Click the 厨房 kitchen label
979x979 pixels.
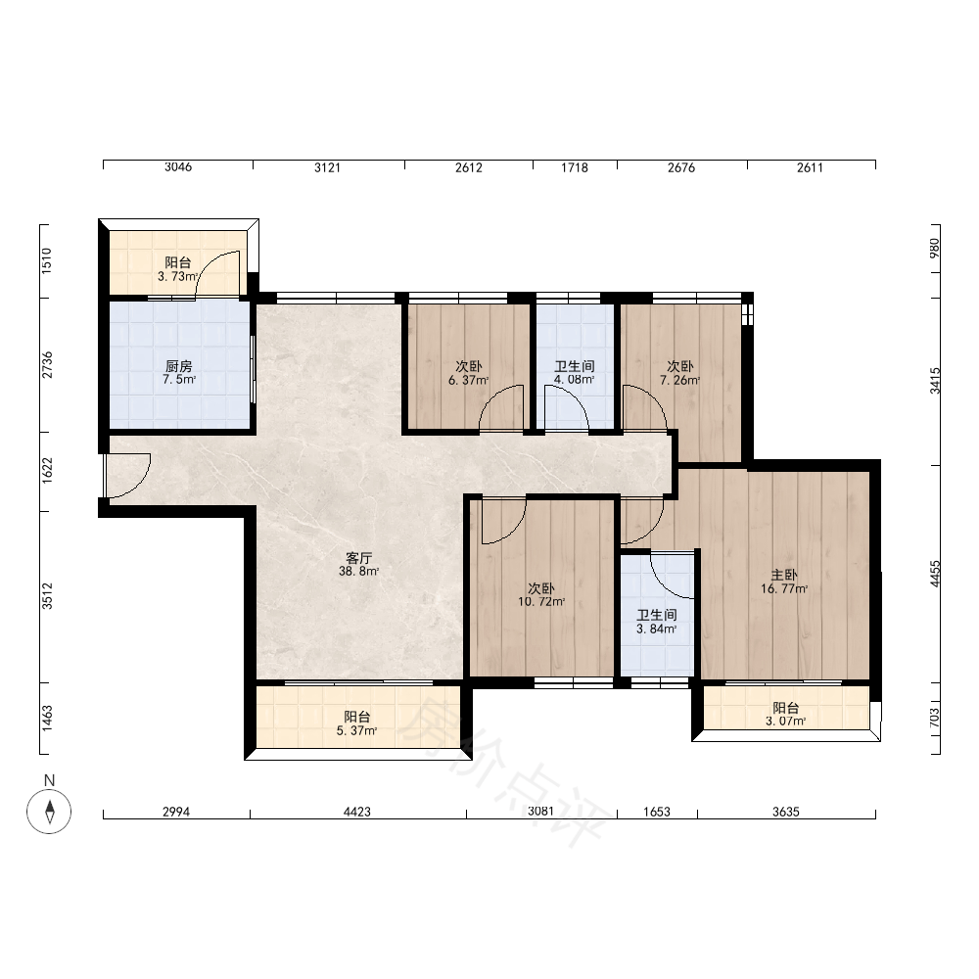click(x=178, y=366)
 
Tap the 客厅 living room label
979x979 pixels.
click(x=359, y=558)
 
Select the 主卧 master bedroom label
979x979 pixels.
click(x=783, y=575)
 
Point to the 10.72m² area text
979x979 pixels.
click(x=541, y=602)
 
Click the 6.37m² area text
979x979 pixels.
click(x=468, y=380)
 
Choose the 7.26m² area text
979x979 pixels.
click(x=680, y=380)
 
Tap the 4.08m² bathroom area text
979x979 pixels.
click(x=575, y=380)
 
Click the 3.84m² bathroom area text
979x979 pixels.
click(x=656, y=629)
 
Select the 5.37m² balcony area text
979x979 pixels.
click(x=356, y=730)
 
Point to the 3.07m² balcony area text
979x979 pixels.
click(x=785, y=722)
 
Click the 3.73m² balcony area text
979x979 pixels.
click(x=178, y=276)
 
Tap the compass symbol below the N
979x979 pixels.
click(x=49, y=811)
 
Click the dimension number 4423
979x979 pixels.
click(x=357, y=812)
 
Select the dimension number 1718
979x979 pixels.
click(x=575, y=167)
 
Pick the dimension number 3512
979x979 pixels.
click(x=47, y=596)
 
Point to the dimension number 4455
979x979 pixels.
click(x=935, y=573)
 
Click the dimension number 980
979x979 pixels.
click(x=935, y=248)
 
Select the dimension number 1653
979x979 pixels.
click(x=657, y=812)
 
